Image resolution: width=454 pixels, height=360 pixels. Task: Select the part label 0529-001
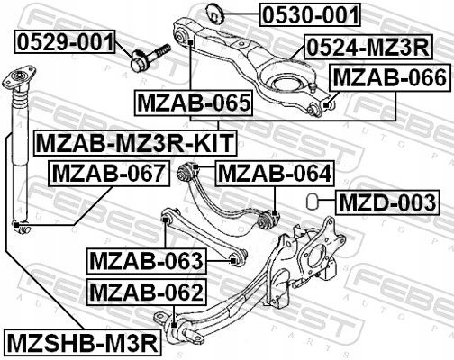(65, 41)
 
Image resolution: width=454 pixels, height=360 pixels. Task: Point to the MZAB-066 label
(389, 78)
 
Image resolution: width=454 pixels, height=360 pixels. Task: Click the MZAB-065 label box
(193, 104)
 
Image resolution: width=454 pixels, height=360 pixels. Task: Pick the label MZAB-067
(107, 172)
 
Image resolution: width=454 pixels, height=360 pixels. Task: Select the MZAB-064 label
(275, 172)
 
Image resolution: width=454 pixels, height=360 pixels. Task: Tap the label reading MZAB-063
(147, 261)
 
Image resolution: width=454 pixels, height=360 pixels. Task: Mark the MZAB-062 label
(147, 292)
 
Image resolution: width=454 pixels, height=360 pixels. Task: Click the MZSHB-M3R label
(81, 342)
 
